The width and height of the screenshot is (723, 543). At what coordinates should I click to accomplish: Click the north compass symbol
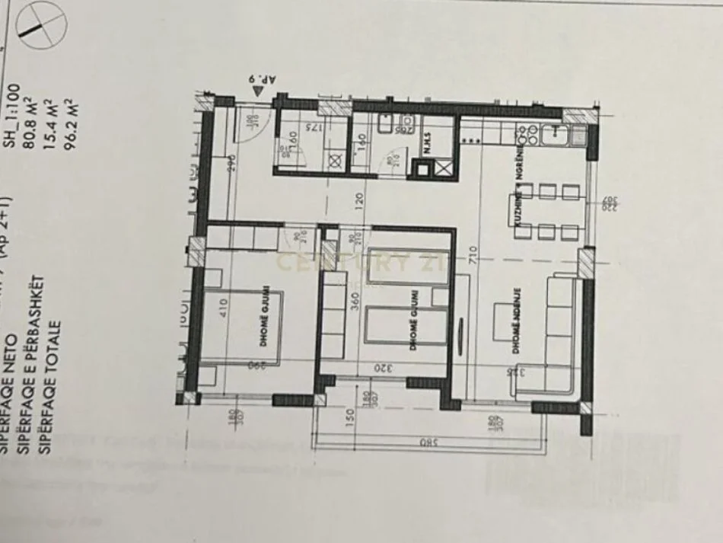click(37, 24)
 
